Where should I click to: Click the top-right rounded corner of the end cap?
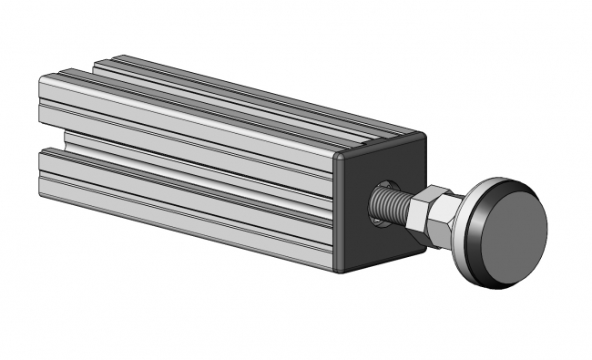pos(423,138)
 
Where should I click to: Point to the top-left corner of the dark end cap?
pos(339,157)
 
